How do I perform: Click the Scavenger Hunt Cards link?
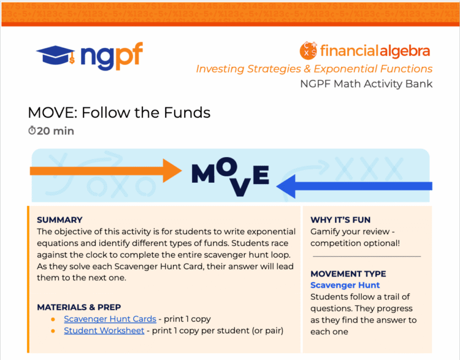[110, 319]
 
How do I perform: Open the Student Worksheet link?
[104, 331]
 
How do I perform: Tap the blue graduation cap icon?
[55, 55]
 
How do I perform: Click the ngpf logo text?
[112, 56]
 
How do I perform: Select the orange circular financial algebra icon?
[308, 50]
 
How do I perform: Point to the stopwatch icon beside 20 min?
[32, 130]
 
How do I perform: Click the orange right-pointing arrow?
[105, 170]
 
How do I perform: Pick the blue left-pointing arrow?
[354, 186]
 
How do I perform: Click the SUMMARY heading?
[59, 220]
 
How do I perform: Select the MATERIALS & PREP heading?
[79, 307]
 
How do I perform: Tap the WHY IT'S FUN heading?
[340, 220]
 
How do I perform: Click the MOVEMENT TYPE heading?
[348, 274]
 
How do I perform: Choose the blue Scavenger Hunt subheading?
[345, 285]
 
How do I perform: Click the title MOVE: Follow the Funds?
[119, 112]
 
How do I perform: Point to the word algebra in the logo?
[405, 51]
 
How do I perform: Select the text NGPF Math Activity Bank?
[366, 84]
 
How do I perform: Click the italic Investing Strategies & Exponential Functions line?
[314, 69]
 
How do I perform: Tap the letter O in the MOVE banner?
[228, 166]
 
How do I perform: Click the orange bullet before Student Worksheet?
[53, 331]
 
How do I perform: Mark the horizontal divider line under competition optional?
[367, 256]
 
